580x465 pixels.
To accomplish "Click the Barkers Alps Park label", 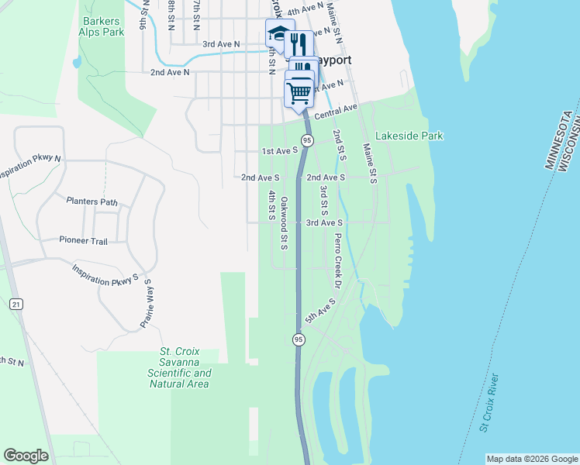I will click(101, 27).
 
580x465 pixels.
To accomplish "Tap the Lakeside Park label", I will click(409, 136).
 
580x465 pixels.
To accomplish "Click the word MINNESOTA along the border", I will click(557, 140).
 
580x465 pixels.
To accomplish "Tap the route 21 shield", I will click(16, 305).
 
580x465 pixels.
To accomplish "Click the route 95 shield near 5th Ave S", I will click(299, 339).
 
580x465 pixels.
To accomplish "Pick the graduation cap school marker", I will click(277, 34).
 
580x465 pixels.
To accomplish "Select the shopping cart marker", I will click(299, 92).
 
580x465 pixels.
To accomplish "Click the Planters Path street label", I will click(91, 202).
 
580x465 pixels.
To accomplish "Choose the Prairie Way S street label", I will click(145, 305).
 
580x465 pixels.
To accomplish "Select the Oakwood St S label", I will click(285, 223).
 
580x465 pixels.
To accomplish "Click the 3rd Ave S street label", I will click(324, 222).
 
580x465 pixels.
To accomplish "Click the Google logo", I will click(26, 456).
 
